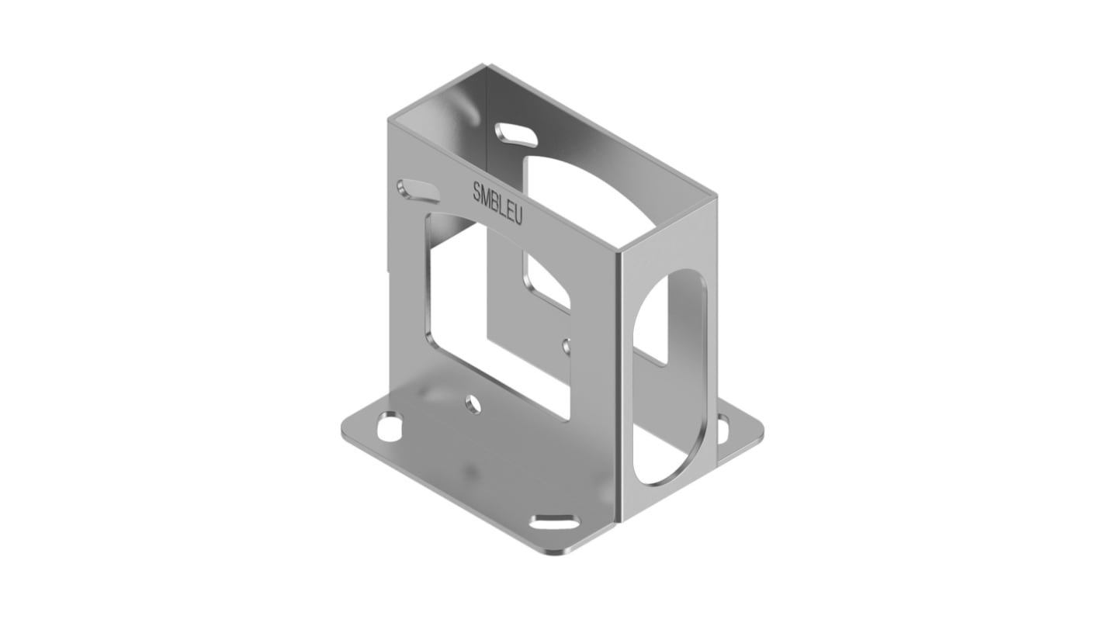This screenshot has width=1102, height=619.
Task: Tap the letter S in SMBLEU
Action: click(476, 191)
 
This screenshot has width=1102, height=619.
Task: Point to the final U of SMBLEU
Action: click(518, 217)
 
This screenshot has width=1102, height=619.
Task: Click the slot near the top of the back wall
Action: click(516, 134)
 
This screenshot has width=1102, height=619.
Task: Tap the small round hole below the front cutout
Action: click(472, 403)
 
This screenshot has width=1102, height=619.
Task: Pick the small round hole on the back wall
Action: click(567, 345)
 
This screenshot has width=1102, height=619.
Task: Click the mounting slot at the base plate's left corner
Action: click(390, 426)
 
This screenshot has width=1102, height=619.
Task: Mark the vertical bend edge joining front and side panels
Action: click(619, 388)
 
